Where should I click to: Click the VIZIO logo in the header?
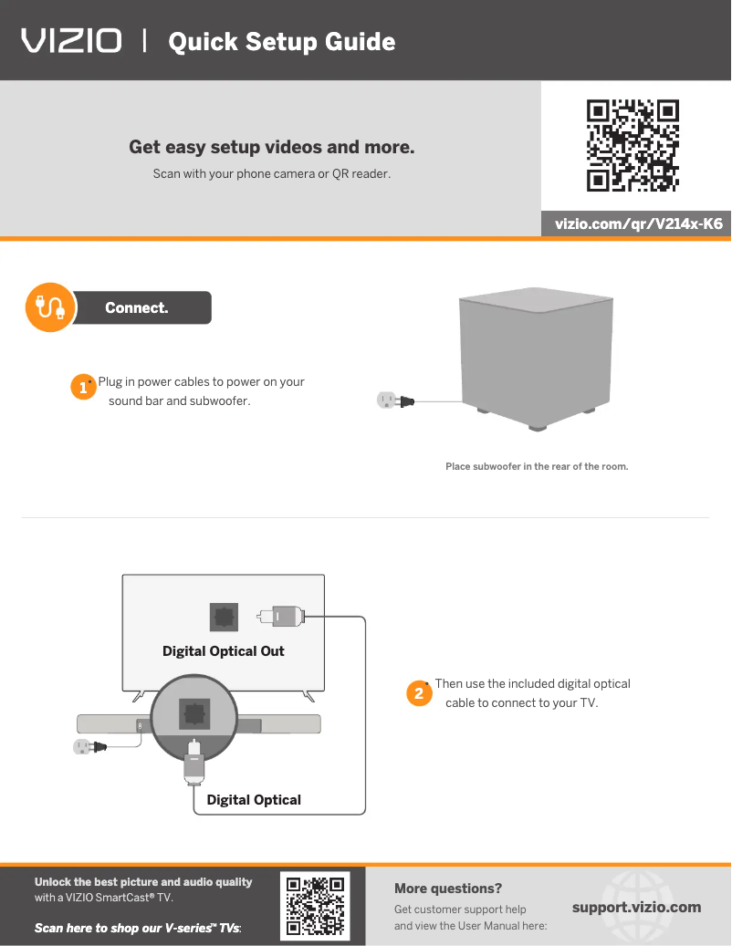tap(71, 41)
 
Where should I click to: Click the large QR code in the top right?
tap(633, 145)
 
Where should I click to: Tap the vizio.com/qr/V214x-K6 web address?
tap(639, 224)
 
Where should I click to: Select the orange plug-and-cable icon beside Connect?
tap(51, 307)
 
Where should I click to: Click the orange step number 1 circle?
tap(83, 387)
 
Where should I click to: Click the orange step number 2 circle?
tap(419, 693)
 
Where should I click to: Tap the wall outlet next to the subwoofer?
tap(386, 400)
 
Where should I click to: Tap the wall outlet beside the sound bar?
tap(82, 747)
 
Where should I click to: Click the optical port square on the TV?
tap(224, 617)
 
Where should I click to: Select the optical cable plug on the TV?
tap(281, 617)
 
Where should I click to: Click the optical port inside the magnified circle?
tap(194, 713)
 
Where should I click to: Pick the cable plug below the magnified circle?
tap(193, 763)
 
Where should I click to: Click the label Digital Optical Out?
tap(224, 651)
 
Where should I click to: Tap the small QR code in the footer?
tap(315, 906)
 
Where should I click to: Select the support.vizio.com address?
tap(637, 908)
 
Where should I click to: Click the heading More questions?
tap(448, 889)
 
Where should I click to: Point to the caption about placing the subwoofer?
tap(537, 466)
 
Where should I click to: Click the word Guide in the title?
tap(361, 42)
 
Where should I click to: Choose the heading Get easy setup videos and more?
tap(272, 147)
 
